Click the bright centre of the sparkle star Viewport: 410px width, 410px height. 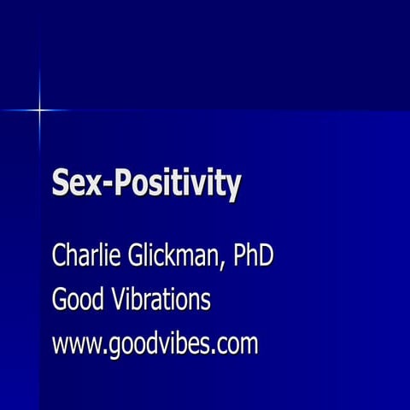(39, 110)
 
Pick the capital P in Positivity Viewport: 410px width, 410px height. (120, 184)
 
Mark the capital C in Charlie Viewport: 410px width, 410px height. (60, 256)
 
